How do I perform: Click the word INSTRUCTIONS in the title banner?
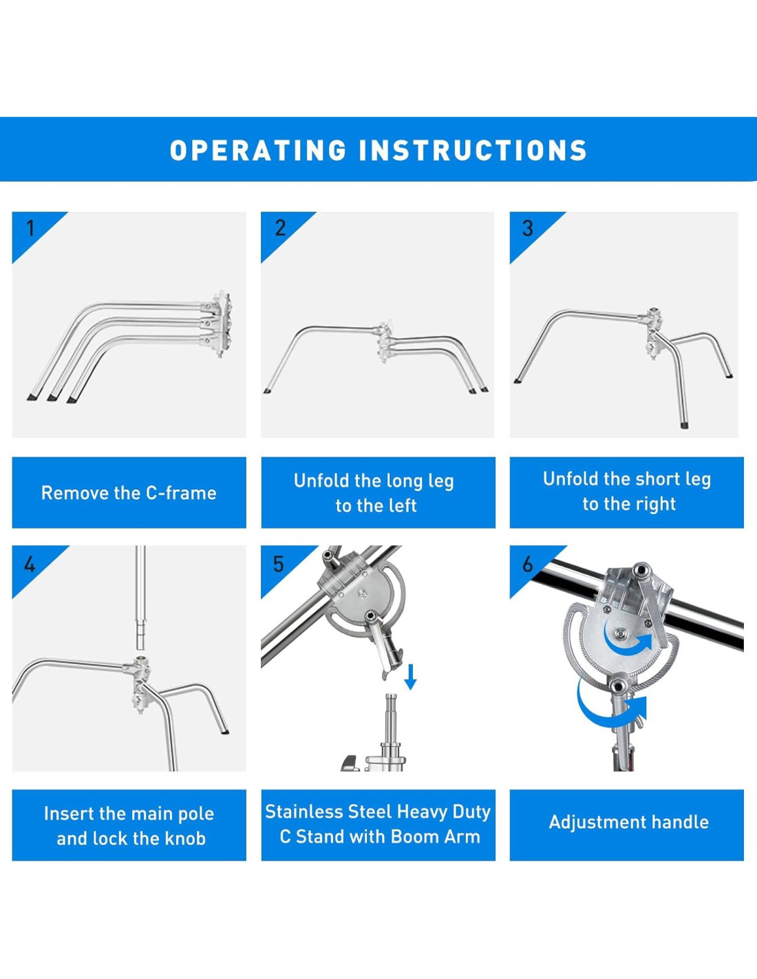click(473, 150)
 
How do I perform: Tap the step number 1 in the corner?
click(30, 229)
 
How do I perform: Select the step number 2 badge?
click(280, 229)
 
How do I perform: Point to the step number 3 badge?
click(528, 229)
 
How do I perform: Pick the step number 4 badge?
click(30, 564)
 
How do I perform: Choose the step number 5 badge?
click(279, 564)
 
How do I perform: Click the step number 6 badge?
click(528, 564)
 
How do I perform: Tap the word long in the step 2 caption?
click(402, 481)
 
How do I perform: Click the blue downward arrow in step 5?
click(410, 677)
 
